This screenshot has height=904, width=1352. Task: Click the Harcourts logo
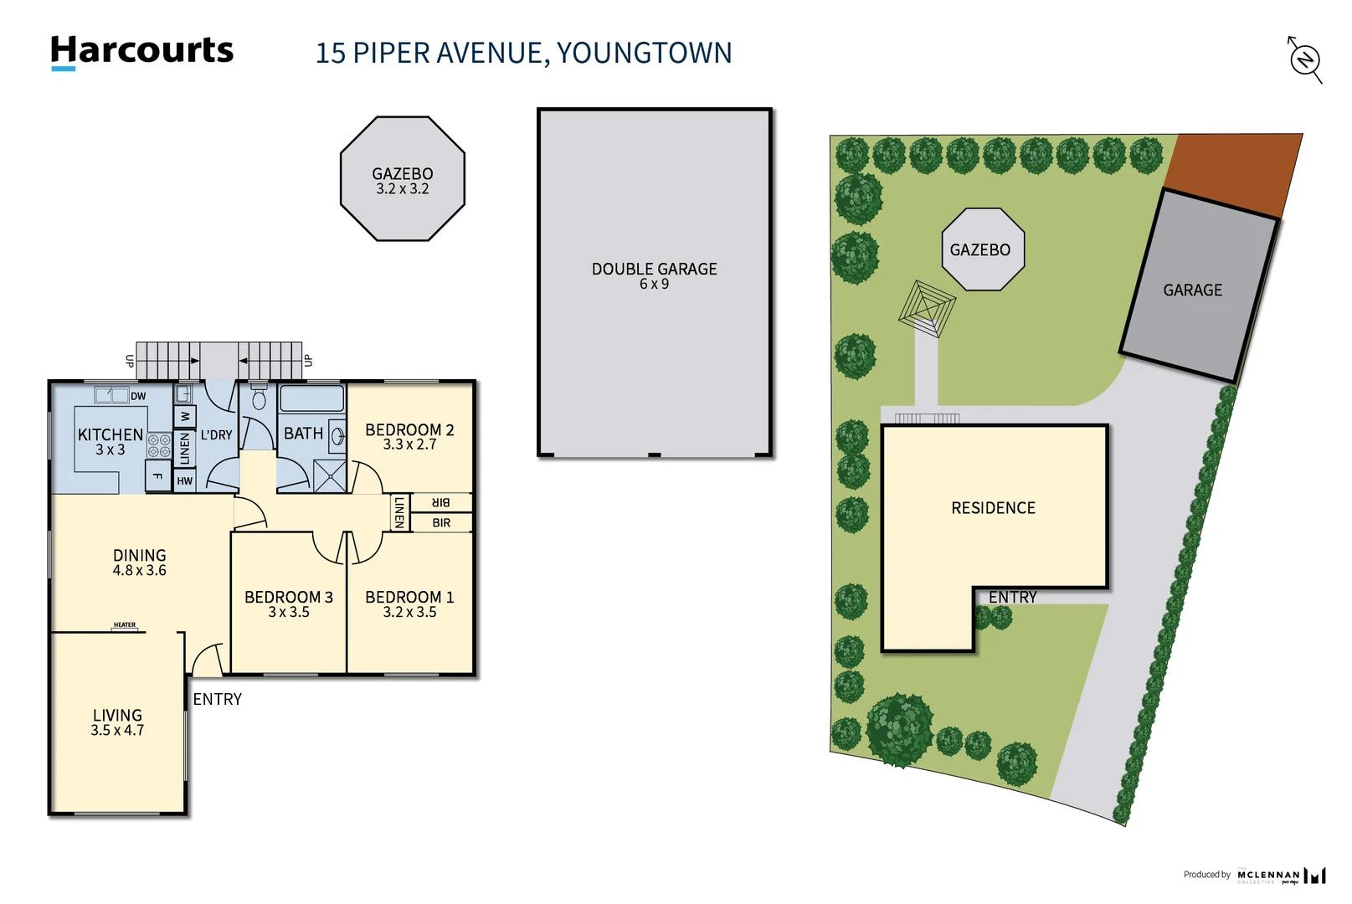coord(141,51)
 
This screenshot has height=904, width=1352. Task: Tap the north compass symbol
coord(1304,59)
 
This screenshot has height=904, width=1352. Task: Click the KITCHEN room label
coord(111,435)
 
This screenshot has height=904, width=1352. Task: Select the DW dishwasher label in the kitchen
coord(138,396)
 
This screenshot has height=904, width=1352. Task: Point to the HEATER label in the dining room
coord(125,625)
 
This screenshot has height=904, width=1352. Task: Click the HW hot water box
coord(185,481)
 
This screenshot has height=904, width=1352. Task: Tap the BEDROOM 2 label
coord(409,430)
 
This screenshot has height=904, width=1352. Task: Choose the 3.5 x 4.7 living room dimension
coord(117,731)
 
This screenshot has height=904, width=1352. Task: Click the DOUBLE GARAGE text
coord(654,270)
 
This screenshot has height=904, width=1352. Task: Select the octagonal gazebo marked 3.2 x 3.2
coord(403,179)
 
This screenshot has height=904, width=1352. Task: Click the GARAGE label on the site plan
coord(1192,290)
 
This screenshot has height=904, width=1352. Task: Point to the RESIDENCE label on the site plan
coord(993,508)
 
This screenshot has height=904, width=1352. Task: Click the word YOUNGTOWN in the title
coord(644,53)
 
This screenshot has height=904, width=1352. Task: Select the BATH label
coord(303,434)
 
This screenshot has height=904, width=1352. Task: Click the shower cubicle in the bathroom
coord(329,475)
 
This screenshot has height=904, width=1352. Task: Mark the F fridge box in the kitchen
coord(157,477)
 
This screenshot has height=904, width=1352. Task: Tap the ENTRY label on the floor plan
coord(217,700)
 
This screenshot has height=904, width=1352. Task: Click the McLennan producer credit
coord(1268,876)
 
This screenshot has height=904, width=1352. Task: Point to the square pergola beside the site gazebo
coord(927,309)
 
